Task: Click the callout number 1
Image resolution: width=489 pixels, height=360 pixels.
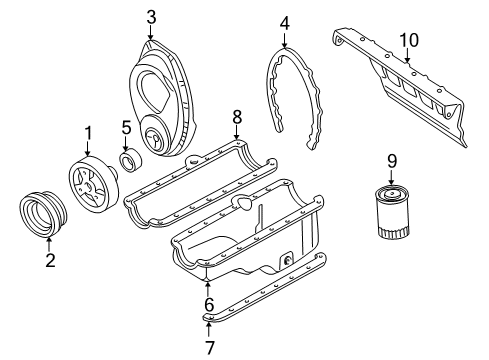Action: tap(87, 132)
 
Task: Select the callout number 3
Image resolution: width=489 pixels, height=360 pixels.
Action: tap(150, 16)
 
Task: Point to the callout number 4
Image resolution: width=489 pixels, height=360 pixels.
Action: tap(284, 22)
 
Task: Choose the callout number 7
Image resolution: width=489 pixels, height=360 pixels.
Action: tap(208, 347)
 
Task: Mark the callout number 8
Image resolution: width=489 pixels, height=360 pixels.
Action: tap(237, 116)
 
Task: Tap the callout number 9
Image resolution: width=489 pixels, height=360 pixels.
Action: tap(392, 159)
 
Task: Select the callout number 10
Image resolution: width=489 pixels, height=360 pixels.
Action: tap(407, 39)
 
